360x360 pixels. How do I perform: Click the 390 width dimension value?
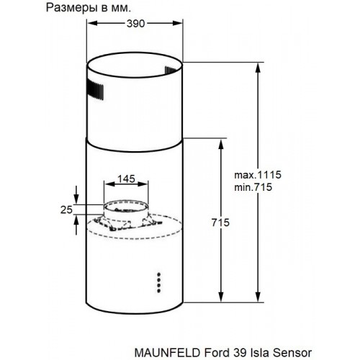(x=127, y=24)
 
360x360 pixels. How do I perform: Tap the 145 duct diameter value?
(x=126, y=178)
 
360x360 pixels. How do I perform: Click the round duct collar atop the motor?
(x=126, y=212)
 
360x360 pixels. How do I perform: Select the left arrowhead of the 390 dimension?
(x=91, y=24)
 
